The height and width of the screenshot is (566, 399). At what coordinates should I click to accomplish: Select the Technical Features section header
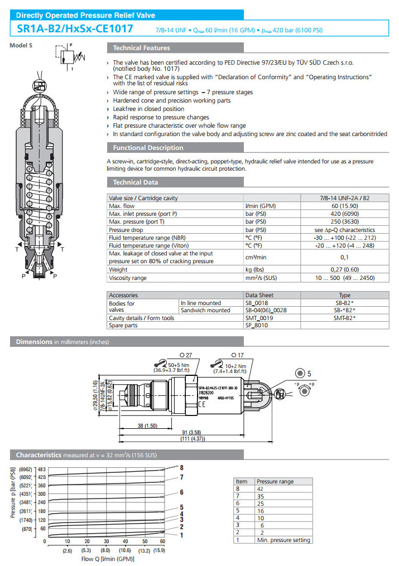(141, 48)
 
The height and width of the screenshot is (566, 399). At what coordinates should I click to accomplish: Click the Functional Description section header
(148, 148)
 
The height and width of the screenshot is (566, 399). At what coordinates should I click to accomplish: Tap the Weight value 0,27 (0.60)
(344, 269)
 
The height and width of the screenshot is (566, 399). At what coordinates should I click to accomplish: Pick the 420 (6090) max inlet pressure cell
(344, 214)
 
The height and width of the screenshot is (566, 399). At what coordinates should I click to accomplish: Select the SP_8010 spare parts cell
(256, 325)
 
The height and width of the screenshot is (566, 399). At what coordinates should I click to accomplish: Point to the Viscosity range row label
(128, 277)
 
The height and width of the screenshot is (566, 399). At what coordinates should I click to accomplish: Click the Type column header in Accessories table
(344, 295)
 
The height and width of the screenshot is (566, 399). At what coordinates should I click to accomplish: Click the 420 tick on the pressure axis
(41, 477)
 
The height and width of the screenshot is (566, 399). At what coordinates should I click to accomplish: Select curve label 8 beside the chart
(181, 467)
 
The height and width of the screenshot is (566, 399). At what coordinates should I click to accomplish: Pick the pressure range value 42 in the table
(260, 488)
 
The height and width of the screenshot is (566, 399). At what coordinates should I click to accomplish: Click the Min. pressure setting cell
(283, 539)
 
